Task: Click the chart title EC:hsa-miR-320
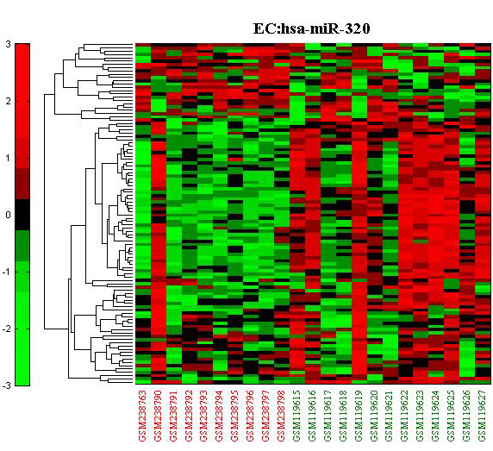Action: point(312,29)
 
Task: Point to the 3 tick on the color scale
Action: point(8,44)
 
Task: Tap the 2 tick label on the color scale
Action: point(8,101)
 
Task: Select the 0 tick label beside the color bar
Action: point(8,215)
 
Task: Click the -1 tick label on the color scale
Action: point(6,272)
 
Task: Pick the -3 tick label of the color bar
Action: point(6,385)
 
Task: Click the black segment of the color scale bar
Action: point(22,215)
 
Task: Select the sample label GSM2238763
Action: point(142,416)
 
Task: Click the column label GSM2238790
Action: point(158,416)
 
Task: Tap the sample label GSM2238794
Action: point(220,416)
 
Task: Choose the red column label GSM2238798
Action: point(281,416)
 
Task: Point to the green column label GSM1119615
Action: point(296,416)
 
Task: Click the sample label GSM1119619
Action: point(359,416)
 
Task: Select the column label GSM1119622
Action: point(405,416)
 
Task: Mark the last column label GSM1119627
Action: point(483,416)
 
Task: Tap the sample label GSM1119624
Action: point(436,416)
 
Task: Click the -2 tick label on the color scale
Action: point(6,329)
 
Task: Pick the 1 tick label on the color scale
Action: point(8,158)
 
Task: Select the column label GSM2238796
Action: point(251,416)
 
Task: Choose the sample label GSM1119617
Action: point(328,416)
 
